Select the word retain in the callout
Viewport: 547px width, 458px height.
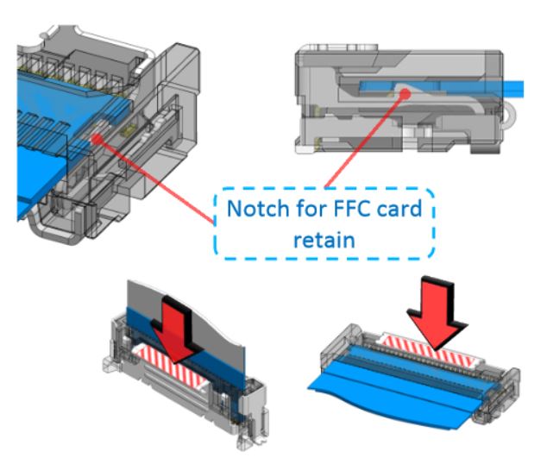tap(325, 239)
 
